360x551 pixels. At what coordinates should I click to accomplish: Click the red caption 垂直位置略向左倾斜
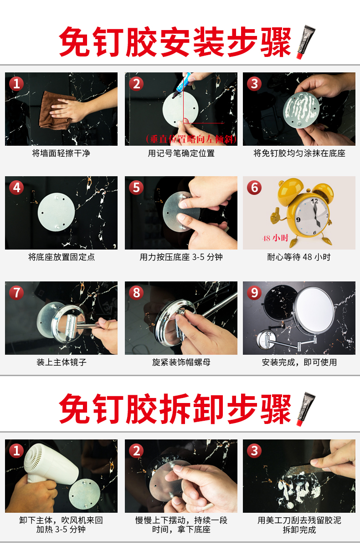[x=191, y=139]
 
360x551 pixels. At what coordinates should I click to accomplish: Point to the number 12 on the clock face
[x=314, y=201]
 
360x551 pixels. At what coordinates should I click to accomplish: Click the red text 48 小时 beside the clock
[x=275, y=238]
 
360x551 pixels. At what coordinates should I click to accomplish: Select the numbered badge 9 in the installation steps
[x=254, y=293]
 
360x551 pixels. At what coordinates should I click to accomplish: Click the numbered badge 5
[x=136, y=188]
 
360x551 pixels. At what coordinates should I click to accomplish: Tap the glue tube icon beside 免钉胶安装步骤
[x=306, y=42]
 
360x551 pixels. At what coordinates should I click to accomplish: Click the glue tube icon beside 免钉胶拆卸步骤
[x=306, y=409]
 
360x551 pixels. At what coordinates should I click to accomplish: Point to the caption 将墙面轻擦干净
[x=61, y=153]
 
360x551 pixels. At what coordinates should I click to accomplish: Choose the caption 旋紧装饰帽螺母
[x=181, y=362]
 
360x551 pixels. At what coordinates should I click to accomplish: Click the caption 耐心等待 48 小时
[x=299, y=257]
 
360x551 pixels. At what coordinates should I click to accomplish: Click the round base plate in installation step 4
[x=57, y=212]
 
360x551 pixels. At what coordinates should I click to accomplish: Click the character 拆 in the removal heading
[x=175, y=409]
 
